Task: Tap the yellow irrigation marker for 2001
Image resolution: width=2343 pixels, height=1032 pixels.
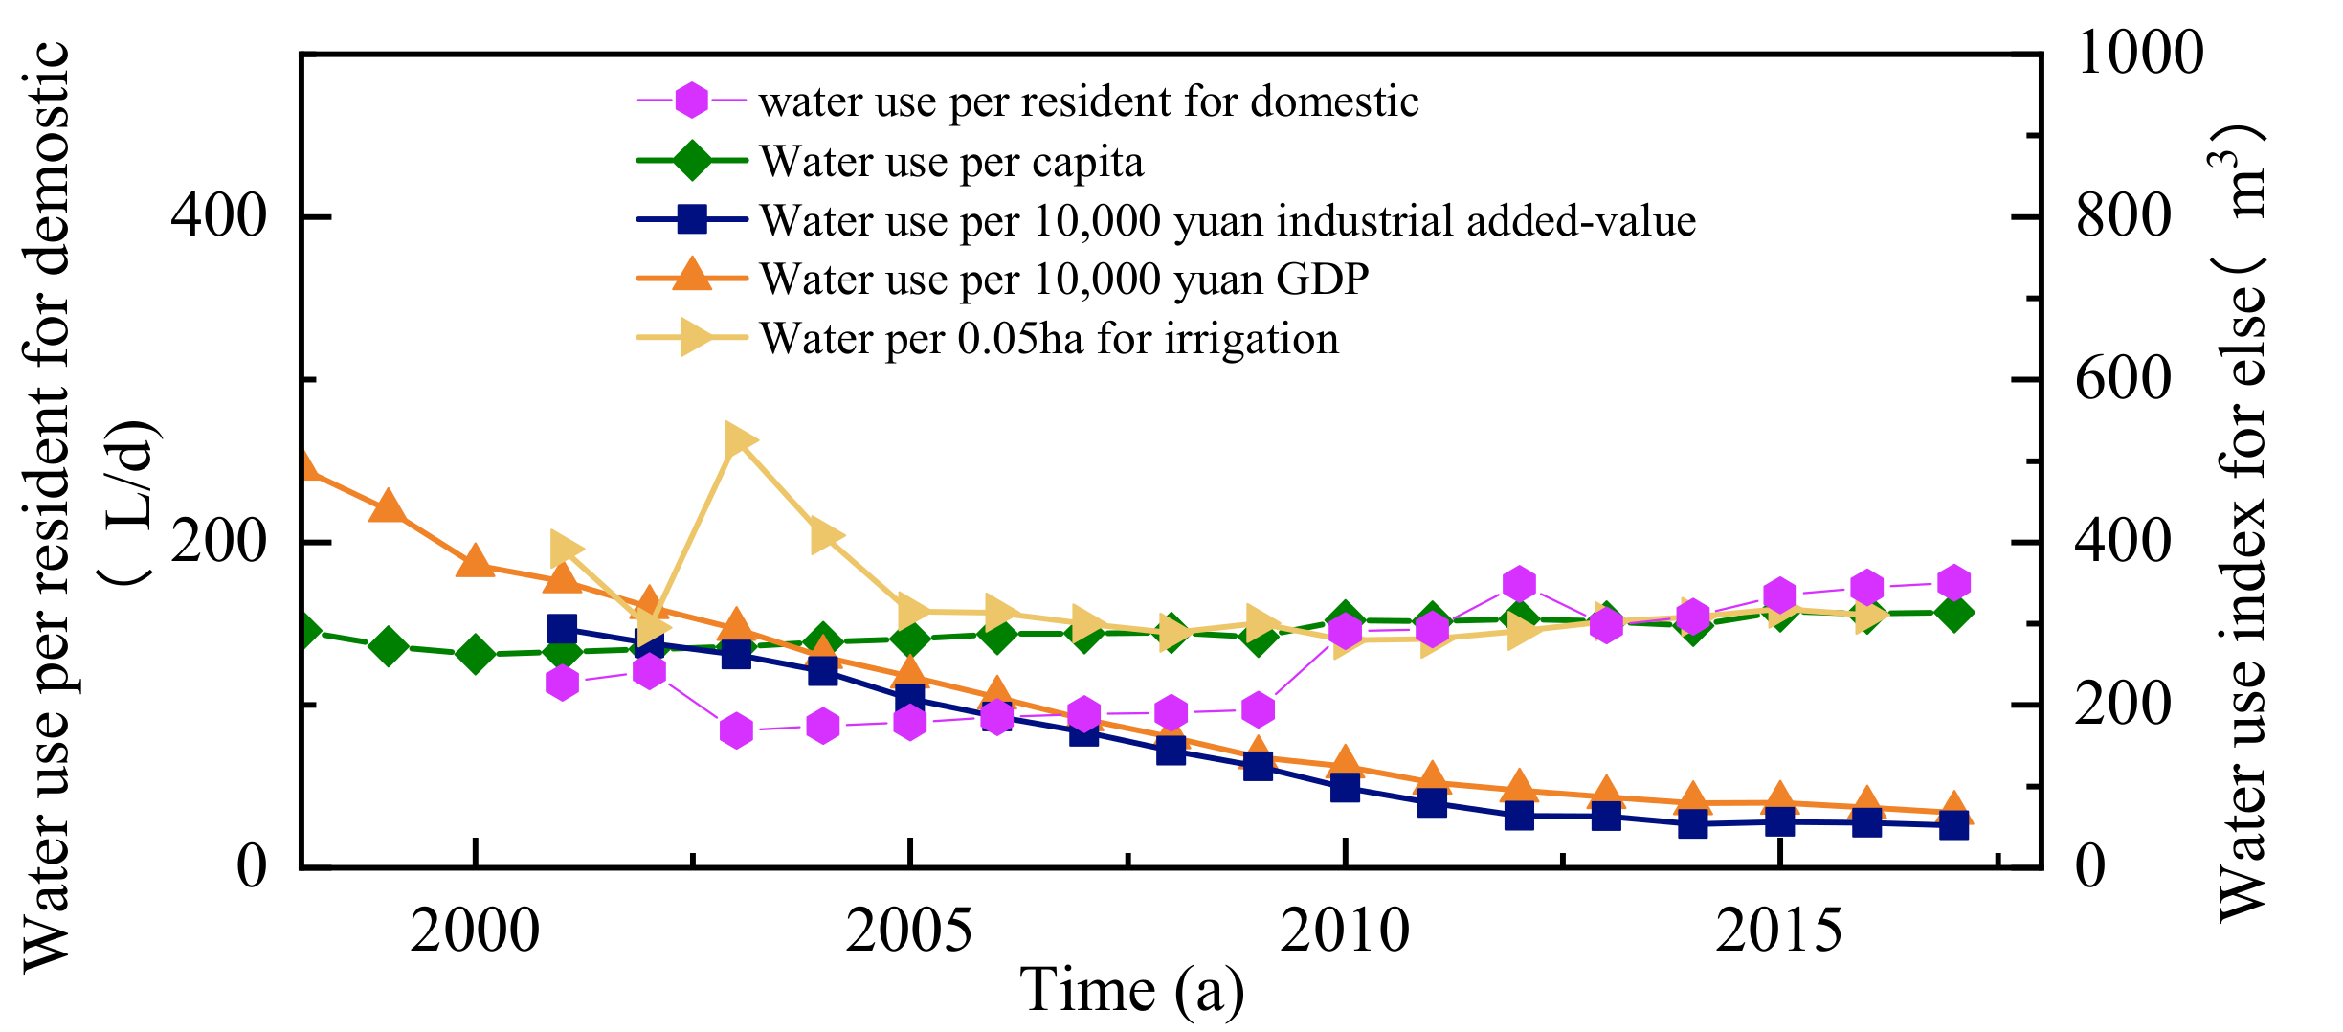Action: (564, 549)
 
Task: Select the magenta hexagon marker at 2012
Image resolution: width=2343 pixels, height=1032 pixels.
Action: (1519, 584)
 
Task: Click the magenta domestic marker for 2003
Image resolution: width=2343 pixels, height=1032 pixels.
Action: (736, 731)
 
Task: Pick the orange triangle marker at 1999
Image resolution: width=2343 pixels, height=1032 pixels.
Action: (388, 507)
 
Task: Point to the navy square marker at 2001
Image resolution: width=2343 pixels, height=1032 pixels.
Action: (562, 629)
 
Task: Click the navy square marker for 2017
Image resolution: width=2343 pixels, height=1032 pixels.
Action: (1953, 824)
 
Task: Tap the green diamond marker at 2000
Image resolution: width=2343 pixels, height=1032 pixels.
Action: (475, 655)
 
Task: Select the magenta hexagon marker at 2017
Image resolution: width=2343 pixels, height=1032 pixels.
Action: (1953, 583)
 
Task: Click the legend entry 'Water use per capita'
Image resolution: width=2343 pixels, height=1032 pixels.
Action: (951, 162)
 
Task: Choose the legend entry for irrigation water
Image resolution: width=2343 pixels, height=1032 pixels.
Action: (1049, 339)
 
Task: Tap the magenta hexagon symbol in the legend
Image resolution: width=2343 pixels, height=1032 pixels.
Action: (691, 100)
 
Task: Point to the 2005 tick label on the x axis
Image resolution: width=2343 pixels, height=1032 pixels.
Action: (909, 931)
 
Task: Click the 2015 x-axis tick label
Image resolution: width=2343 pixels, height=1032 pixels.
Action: (1778, 931)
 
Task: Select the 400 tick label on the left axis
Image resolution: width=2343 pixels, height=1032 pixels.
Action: (218, 216)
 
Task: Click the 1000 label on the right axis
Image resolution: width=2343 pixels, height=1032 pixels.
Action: (2140, 53)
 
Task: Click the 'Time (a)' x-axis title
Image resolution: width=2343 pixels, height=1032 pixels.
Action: (1132, 990)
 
